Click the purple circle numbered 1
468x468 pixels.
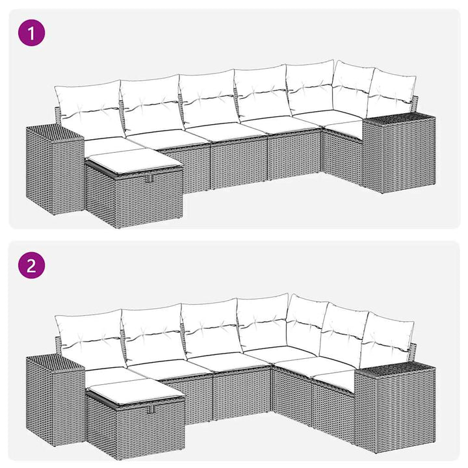click(32, 32)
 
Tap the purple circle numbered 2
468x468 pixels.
click(32, 265)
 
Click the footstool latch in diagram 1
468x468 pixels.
click(149, 179)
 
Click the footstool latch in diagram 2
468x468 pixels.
click(151, 409)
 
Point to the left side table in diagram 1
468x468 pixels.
click(55, 170)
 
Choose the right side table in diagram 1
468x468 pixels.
click(398, 151)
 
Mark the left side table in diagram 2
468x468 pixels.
click(55, 399)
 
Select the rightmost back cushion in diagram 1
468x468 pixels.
click(391, 93)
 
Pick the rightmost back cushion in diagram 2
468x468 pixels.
click(387, 340)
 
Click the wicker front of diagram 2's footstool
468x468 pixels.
click(151, 428)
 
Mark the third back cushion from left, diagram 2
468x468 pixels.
click(211, 328)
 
